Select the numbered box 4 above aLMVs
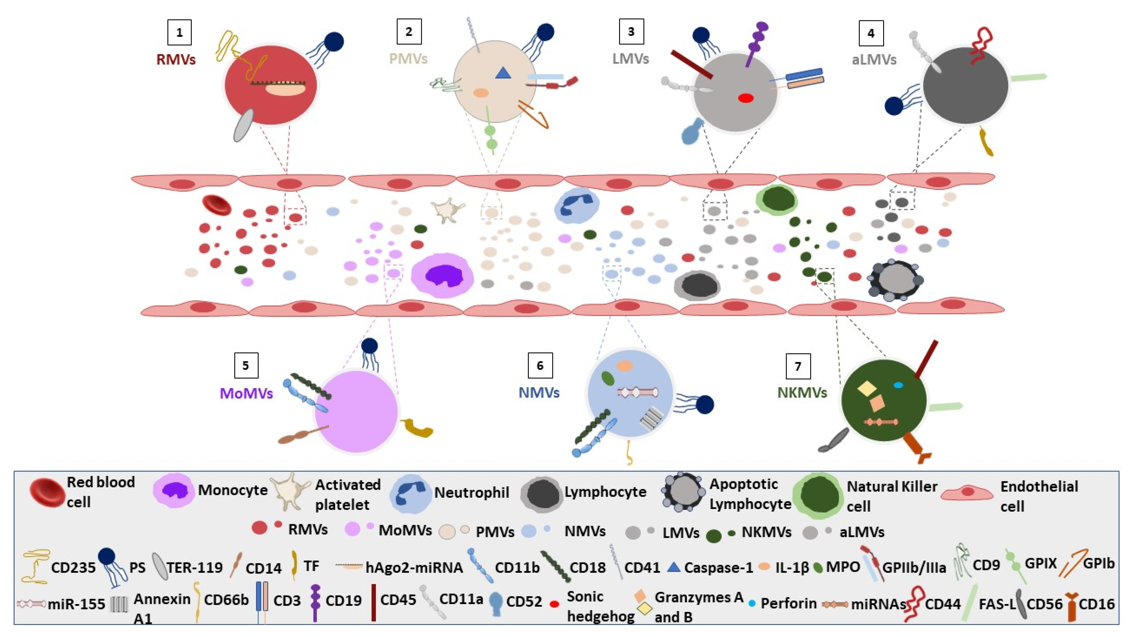(x=871, y=33)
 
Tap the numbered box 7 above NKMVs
(x=798, y=366)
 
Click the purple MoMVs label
(x=246, y=393)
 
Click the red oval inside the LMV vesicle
(x=745, y=98)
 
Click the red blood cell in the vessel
(x=216, y=205)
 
